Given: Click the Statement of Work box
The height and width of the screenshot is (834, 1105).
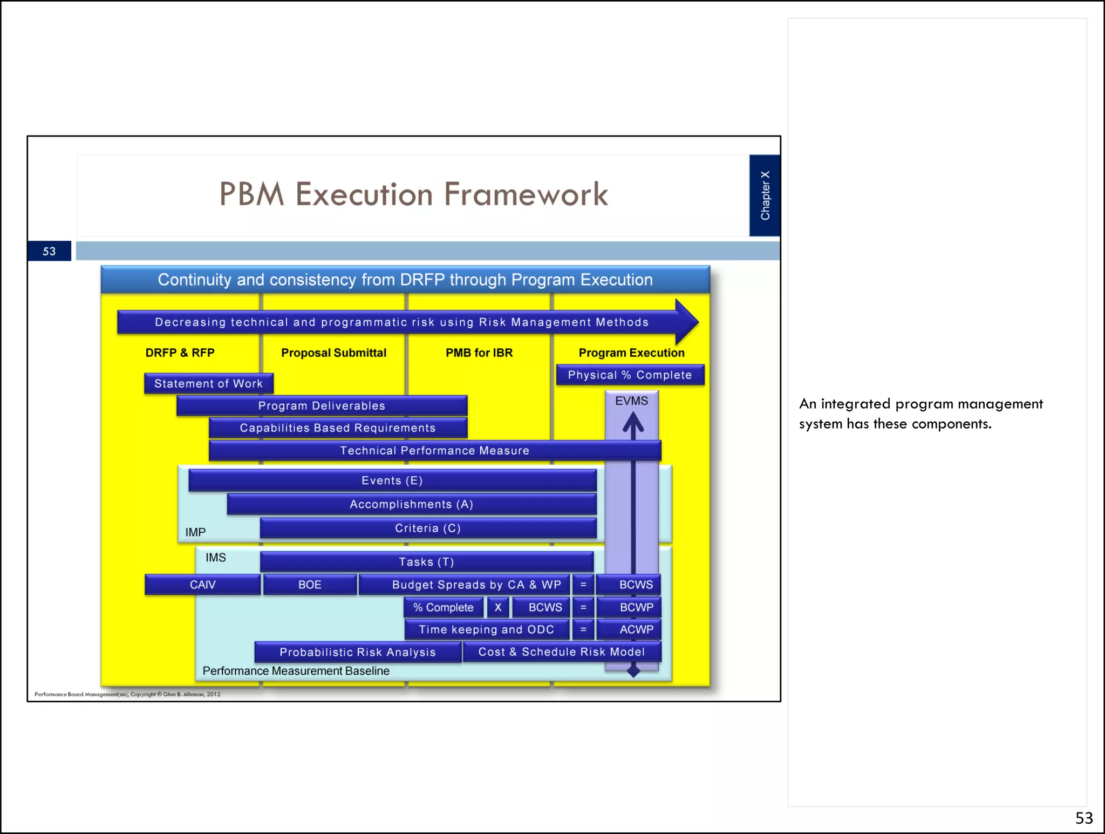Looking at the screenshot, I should (x=208, y=383).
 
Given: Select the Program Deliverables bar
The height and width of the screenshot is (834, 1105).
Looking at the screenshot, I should (x=322, y=405).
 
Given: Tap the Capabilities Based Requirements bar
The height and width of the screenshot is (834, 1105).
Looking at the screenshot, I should (x=338, y=428).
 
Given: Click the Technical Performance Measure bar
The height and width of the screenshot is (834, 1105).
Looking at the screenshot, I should (x=434, y=451).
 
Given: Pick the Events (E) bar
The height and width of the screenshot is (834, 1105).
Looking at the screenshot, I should (x=392, y=480).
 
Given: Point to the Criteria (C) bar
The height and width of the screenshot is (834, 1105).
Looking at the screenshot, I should (x=428, y=528).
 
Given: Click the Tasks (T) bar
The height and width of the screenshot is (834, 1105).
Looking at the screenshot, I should (x=426, y=562).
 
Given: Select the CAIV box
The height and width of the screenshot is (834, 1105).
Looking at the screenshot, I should (x=202, y=585).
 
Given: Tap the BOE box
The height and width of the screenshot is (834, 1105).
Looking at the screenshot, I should (x=310, y=585).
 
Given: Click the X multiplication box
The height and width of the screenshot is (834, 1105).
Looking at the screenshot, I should (x=498, y=607).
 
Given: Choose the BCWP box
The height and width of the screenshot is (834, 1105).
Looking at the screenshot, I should (x=636, y=607).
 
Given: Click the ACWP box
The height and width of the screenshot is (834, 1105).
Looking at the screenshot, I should (x=636, y=629).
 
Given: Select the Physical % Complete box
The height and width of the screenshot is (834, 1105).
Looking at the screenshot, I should (x=630, y=375).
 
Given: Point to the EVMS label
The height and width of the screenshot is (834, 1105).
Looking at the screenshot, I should (x=631, y=401).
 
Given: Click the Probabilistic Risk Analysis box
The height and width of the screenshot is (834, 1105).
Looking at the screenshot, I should (x=357, y=652).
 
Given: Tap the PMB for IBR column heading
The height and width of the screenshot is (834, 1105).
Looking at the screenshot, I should (x=479, y=352).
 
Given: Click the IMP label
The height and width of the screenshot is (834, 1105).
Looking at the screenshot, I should (x=195, y=532).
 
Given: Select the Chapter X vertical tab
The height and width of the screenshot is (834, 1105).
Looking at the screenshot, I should (x=765, y=195).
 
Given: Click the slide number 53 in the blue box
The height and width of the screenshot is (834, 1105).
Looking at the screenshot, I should (x=49, y=251).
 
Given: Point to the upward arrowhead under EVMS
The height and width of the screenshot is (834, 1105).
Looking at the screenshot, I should (x=633, y=423).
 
